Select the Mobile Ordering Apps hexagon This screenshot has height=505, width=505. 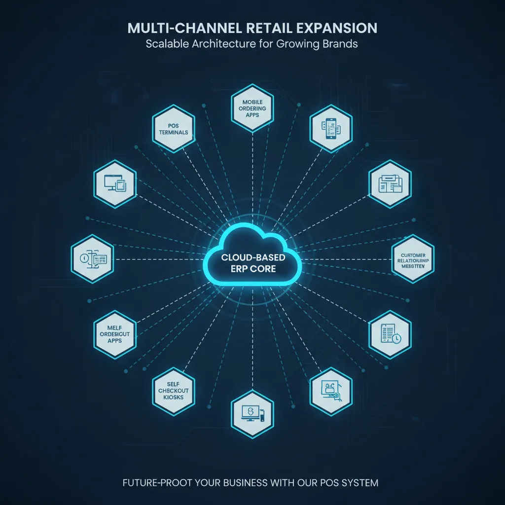252,108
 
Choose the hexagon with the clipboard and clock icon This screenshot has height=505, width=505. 390,334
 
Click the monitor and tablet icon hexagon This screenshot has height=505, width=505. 115,183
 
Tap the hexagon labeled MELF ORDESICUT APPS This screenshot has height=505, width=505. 115,334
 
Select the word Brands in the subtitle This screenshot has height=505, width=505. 340,44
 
